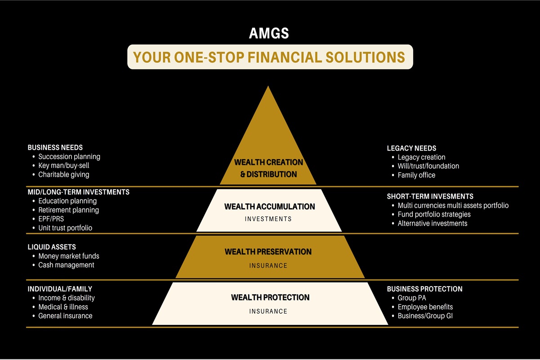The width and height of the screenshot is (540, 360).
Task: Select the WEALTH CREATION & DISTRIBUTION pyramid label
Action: click(x=268, y=168)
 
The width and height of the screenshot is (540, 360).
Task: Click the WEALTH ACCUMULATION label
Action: click(x=269, y=207)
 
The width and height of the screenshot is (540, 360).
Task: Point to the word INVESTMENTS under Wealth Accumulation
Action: click(x=268, y=219)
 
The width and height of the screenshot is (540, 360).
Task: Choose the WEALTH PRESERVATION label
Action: click(x=268, y=252)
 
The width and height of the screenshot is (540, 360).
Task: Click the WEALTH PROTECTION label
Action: click(x=270, y=298)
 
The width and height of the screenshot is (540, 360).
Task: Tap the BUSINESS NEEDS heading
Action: click(x=55, y=147)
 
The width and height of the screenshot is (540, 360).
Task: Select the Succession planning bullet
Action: click(x=69, y=157)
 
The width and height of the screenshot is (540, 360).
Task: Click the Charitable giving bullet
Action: click(x=64, y=175)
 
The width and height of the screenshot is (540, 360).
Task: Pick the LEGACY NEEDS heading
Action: click(x=411, y=148)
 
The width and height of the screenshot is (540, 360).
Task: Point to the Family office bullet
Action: click(x=416, y=175)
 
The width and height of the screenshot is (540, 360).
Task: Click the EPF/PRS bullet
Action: click(x=51, y=219)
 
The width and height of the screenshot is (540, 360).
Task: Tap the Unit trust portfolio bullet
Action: click(x=65, y=228)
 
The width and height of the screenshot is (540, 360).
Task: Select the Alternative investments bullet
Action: click(x=433, y=223)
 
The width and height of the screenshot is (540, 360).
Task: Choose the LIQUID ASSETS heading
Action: click(x=52, y=247)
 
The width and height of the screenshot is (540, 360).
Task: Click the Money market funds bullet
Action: click(x=69, y=256)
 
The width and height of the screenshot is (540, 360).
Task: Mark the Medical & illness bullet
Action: click(x=63, y=307)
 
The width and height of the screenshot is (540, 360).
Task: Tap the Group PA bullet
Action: click(x=412, y=298)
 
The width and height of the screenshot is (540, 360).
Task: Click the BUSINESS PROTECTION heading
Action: click(x=424, y=289)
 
